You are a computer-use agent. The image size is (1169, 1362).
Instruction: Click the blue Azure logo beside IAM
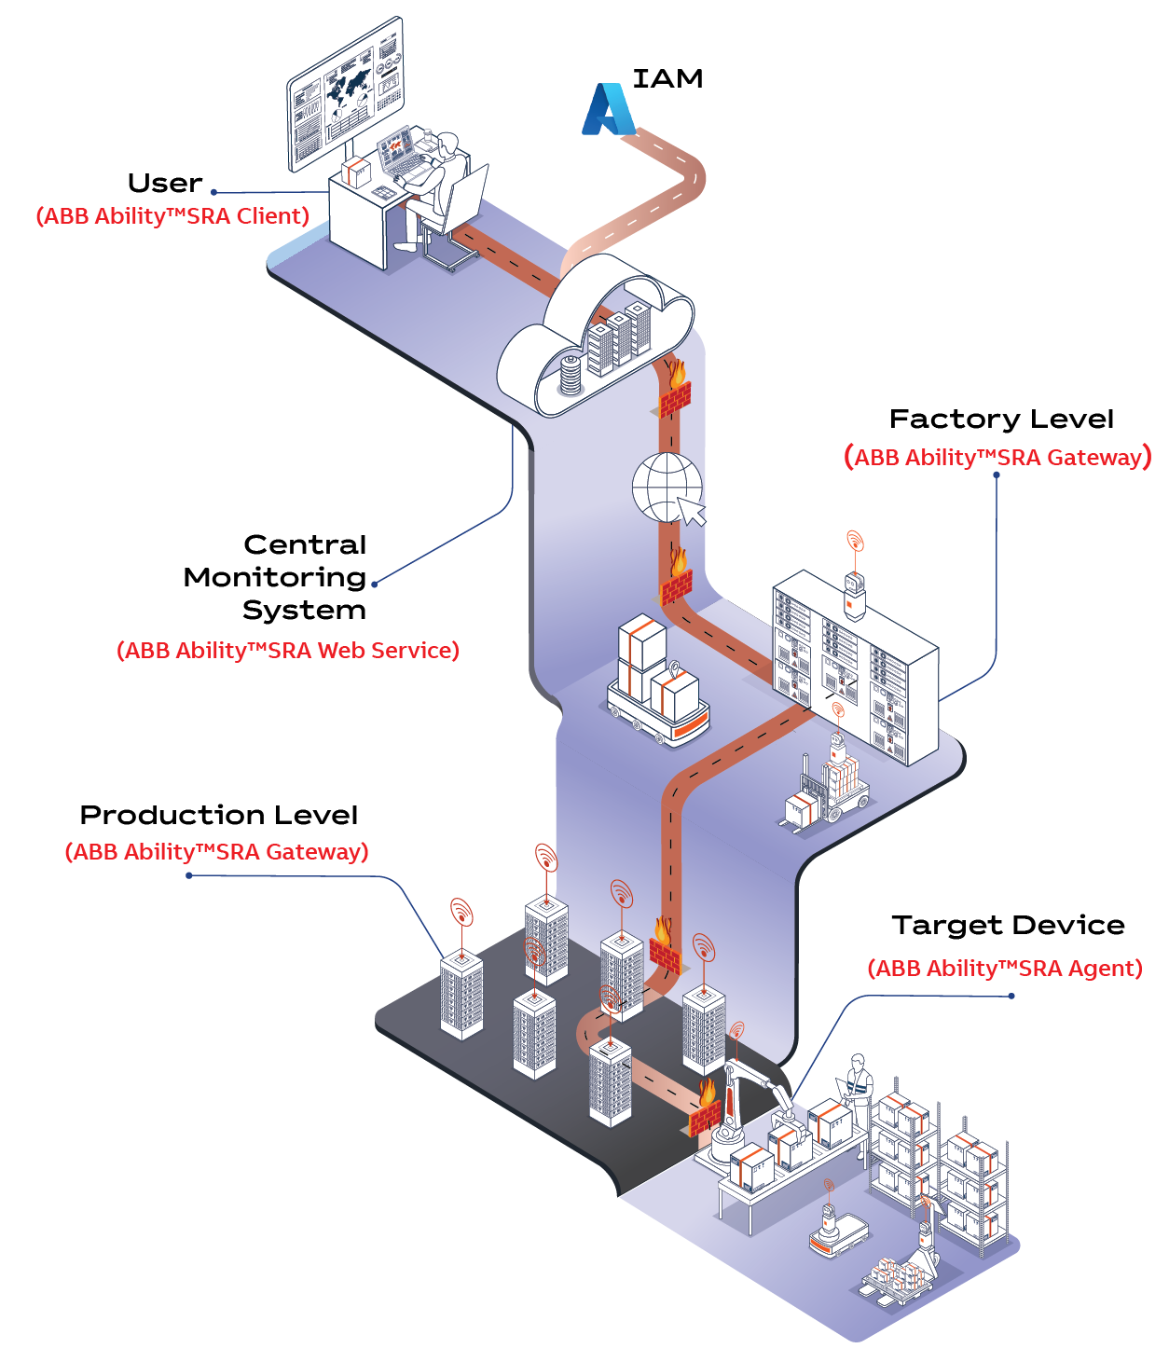pyautogui.click(x=608, y=110)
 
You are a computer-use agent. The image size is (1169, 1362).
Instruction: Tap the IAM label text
pyautogui.click(x=667, y=79)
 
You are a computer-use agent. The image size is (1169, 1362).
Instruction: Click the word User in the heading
pyautogui.click(x=165, y=184)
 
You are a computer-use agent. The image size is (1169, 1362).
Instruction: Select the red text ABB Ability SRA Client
pyautogui.click(x=172, y=216)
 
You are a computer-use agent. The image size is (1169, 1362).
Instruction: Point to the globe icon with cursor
pyautogui.click(x=668, y=488)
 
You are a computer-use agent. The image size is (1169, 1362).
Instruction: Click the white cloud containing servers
pyautogui.click(x=597, y=345)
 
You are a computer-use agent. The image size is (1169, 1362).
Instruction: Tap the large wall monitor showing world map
pyautogui.click(x=346, y=93)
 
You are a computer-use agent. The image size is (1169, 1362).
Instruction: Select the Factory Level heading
pyautogui.click(x=1001, y=420)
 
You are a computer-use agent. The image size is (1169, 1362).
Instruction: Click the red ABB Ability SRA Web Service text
pyautogui.click(x=288, y=651)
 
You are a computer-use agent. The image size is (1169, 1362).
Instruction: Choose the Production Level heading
pyautogui.click(x=219, y=816)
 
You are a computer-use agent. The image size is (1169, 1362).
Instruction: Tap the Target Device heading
pyautogui.click(x=1008, y=926)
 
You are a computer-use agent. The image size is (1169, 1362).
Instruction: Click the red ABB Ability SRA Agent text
pyautogui.click(x=1005, y=969)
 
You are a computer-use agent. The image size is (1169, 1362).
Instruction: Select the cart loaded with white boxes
pyautogui.click(x=657, y=685)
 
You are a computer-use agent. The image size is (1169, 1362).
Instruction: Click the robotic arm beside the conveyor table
pyautogui.click(x=746, y=1100)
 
